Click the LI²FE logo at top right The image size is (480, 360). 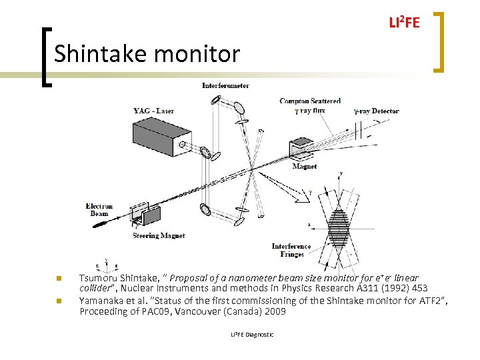pyautogui.click(x=404, y=23)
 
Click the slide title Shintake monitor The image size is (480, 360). pyautogui.click(x=147, y=53)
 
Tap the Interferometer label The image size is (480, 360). pyautogui.click(x=225, y=85)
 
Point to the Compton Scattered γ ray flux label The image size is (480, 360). pyautogui.click(x=310, y=105)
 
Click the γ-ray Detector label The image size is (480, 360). pyautogui.click(x=376, y=111)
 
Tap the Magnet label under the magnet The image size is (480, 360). pyautogui.click(x=305, y=167)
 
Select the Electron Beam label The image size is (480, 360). pyautogui.click(x=99, y=210)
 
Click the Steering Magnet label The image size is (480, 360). pyautogui.click(x=159, y=235)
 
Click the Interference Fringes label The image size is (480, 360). pyautogui.click(x=291, y=250)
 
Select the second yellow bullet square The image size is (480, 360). pyautogui.click(x=58, y=301)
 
